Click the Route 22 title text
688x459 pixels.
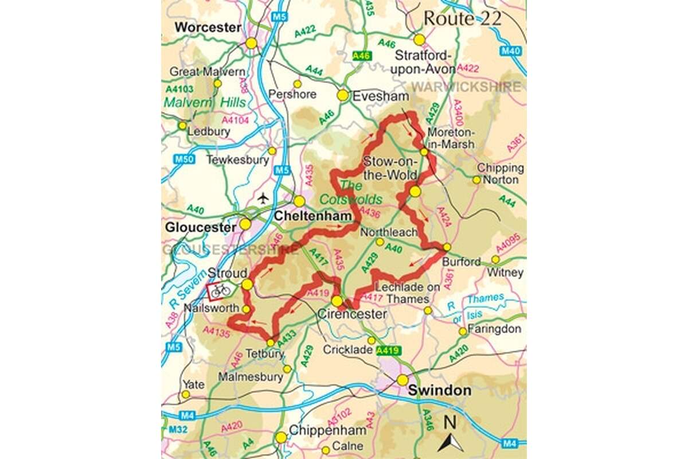click(x=462, y=18)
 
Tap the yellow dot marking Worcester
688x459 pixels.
click(x=251, y=43)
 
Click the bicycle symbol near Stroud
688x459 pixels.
click(x=220, y=291)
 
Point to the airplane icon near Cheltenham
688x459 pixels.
click(x=263, y=198)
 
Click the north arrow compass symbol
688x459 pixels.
click(x=451, y=436)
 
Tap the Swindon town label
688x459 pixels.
click(x=440, y=391)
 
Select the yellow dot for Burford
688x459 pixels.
click(x=447, y=247)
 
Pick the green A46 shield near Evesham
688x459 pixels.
click(x=362, y=56)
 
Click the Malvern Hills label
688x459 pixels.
click(x=205, y=103)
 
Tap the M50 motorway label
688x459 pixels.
click(x=172, y=159)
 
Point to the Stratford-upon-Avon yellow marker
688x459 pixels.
click(x=420, y=40)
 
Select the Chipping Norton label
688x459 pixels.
click(x=501, y=174)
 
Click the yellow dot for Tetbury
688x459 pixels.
click(x=271, y=343)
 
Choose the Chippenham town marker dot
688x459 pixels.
click(x=281, y=438)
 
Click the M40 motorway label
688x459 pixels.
click(x=513, y=51)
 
